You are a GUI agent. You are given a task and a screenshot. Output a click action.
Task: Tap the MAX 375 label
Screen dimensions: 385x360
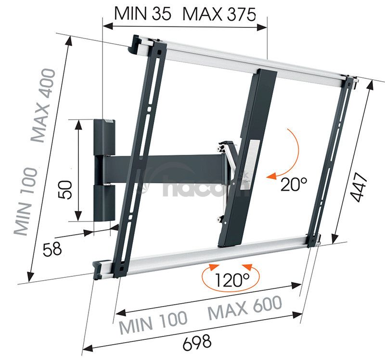coord(219,14)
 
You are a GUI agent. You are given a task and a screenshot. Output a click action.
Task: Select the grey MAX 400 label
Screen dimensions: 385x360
coord(42,105)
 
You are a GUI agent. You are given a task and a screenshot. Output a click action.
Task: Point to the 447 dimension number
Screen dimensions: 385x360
coord(359,187)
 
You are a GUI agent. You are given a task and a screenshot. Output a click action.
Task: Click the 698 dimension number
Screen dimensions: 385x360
coord(197,342)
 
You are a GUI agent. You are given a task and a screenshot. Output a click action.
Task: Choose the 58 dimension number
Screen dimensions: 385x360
coord(52,249)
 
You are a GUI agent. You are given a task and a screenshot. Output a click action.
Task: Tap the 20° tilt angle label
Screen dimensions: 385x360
coord(294,184)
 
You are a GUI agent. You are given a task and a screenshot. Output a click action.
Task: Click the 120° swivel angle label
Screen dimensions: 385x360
coord(232,280)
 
